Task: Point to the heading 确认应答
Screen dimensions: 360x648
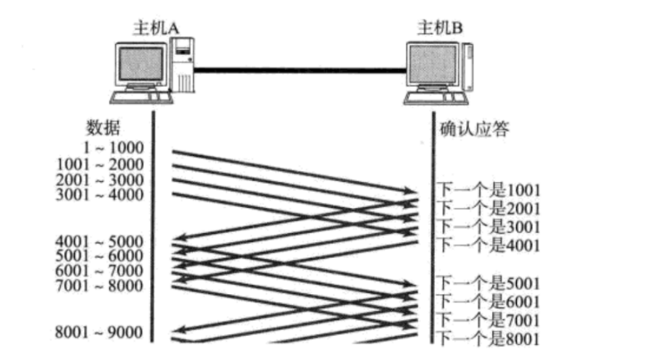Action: [x=475, y=129]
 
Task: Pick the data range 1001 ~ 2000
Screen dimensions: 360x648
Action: [x=100, y=164]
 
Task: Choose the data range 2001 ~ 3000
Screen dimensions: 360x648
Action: [x=100, y=179]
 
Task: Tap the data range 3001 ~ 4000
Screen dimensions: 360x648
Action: [x=100, y=194]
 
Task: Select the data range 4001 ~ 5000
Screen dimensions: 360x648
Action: [x=100, y=241]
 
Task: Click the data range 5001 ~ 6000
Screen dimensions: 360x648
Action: [x=100, y=256]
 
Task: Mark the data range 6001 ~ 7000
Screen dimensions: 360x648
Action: [x=100, y=270]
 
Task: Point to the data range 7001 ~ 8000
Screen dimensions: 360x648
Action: [x=100, y=285]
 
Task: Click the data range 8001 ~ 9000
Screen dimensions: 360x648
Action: [x=100, y=332]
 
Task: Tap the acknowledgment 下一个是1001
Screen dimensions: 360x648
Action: [x=489, y=191]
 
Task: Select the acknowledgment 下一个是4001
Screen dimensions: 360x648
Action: [x=489, y=244]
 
